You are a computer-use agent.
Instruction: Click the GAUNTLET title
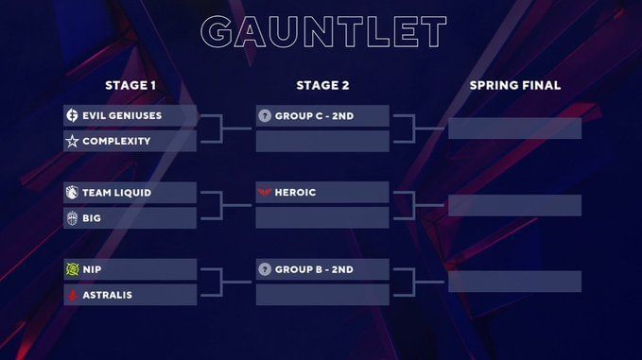click(323, 31)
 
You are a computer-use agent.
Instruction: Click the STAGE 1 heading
click(130, 85)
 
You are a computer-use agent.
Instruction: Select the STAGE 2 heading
click(322, 85)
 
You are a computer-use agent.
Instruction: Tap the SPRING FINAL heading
click(514, 85)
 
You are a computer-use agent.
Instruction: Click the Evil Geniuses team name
click(122, 115)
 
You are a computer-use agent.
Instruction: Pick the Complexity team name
click(116, 141)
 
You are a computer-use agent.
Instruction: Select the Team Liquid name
click(116, 193)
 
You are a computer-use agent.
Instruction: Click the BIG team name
click(92, 218)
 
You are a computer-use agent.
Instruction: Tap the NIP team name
click(93, 269)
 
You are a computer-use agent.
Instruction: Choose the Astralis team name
click(107, 295)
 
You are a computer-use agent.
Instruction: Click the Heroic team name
click(295, 193)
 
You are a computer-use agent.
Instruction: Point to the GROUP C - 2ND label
click(314, 115)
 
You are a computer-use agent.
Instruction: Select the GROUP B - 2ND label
click(314, 269)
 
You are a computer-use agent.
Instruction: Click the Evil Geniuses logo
click(72, 115)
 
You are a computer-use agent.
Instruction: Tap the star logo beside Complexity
click(72, 141)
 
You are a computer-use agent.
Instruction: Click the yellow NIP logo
click(72, 269)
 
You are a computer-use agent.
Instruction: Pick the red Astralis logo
click(72, 295)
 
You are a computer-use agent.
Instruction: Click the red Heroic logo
click(264, 193)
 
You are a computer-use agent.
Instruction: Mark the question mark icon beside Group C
click(264, 115)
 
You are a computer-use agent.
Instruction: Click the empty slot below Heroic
click(322, 218)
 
